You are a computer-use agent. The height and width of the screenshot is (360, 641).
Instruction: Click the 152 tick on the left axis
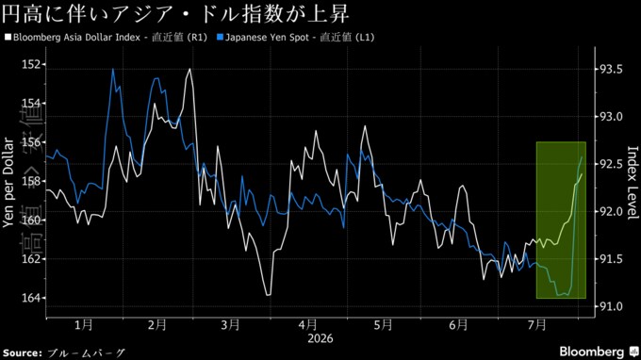[31, 65]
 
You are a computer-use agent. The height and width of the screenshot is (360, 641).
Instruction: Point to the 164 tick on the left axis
[31, 298]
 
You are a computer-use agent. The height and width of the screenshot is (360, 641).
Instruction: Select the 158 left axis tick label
[31, 182]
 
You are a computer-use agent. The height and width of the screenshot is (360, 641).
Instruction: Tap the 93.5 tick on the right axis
[611, 70]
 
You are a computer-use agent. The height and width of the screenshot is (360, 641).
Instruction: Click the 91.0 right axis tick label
[611, 306]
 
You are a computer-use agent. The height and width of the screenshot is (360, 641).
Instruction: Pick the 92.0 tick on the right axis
[611, 212]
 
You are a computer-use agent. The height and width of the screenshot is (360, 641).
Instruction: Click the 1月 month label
[84, 325]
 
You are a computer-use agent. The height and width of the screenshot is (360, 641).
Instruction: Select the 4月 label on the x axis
[308, 325]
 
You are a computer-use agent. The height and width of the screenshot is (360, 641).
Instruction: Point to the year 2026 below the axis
[320, 338]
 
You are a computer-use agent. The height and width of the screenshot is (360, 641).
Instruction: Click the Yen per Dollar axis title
[8, 182]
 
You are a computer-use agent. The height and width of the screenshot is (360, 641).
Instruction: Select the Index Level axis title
[632, 183]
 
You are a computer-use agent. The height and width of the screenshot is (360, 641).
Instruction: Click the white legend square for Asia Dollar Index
[8, 37]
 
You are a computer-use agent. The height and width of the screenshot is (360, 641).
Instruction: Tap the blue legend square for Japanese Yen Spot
[220, 37]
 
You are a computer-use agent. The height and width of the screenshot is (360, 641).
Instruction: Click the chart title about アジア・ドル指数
[175, 13]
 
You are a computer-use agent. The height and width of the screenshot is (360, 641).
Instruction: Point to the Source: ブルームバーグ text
[63, 352]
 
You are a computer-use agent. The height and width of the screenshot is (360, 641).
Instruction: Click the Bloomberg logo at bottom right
[599, 352]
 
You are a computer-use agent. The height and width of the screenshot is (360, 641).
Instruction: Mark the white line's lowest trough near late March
[268, 295]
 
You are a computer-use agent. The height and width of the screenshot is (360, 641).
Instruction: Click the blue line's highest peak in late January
[113, 70]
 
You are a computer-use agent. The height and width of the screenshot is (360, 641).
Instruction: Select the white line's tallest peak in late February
[189, 69]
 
